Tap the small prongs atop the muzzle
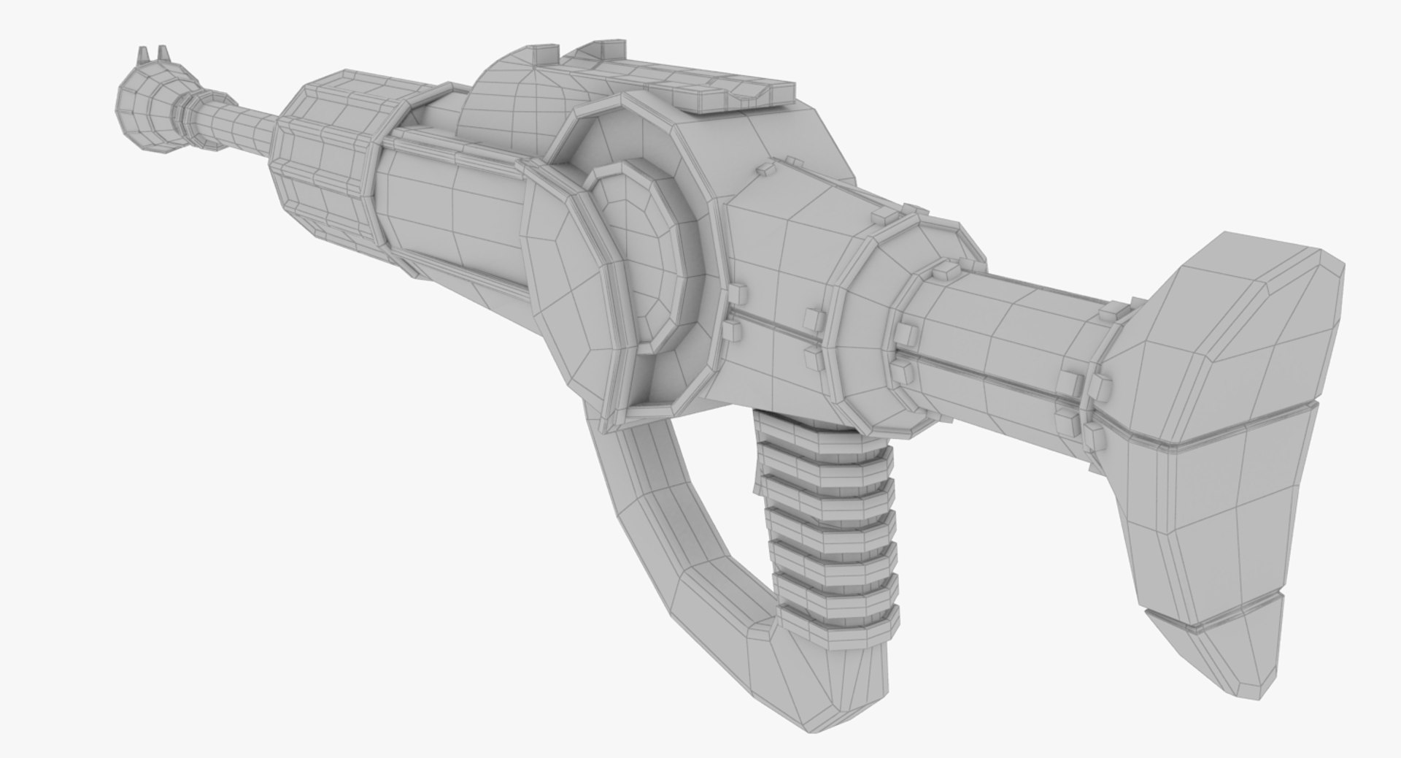pos(148,55)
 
